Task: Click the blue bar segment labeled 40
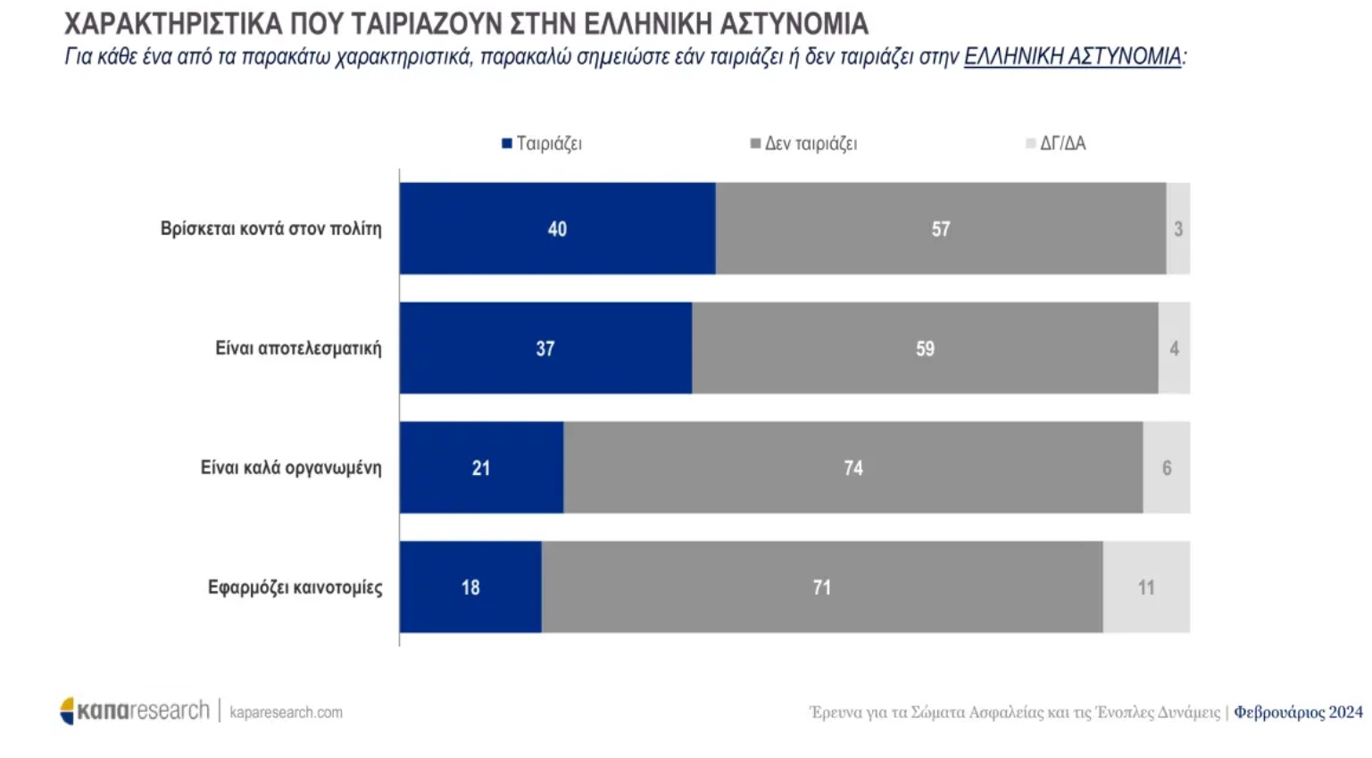(x=557, y=229)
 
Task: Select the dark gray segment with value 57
(x=940, y=229)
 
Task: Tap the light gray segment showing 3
(x=1178, y=229)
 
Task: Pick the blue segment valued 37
(x=545, y=348)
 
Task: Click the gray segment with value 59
(x=925, y=348)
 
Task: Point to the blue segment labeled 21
(x=481, y=468)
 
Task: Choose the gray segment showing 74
(x=852, y=468)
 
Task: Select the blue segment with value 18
(x=470, y=587)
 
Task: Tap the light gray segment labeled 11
(x=1146, y=587)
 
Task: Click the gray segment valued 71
(x=821, y=587)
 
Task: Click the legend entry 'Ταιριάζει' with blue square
(x=542, y=144)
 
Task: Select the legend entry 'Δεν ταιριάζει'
(x=803, y=144)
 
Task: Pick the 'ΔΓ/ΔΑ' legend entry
(x=1056, y=144)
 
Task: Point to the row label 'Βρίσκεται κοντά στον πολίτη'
(x=270, y=229)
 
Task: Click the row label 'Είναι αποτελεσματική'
(x=298, y=348)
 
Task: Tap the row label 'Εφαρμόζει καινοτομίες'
(x=295, y=587)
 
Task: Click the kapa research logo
(x=134, y=711)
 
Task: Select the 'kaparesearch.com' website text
(x=286, y=712)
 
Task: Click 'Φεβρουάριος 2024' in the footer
(x=1298, y=712)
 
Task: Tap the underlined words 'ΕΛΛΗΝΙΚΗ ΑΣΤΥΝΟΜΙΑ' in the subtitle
(x=1072, y=57)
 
